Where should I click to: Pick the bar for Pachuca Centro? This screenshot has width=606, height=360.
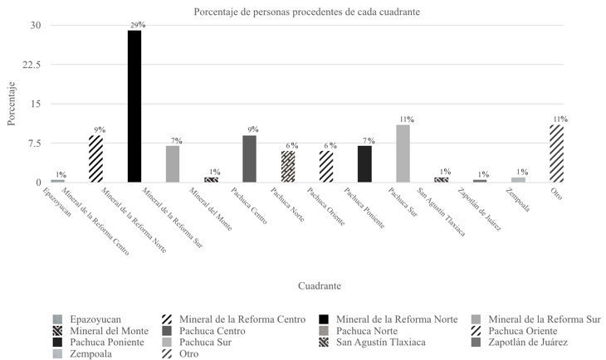[249, 159]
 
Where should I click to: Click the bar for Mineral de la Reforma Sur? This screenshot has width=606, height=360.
[173, 164]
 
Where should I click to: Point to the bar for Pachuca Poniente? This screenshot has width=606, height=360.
[364, 164]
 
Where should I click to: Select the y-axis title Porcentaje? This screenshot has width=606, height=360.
[11, 104]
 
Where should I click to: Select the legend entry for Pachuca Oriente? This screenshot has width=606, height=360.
[530, 330]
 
